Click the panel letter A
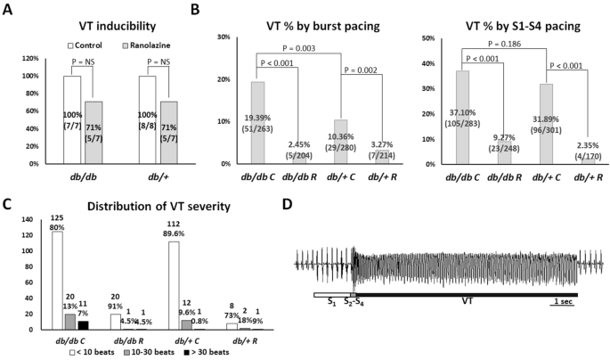point(7,11)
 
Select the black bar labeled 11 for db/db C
point(84,324)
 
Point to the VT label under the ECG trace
point(468,301)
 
